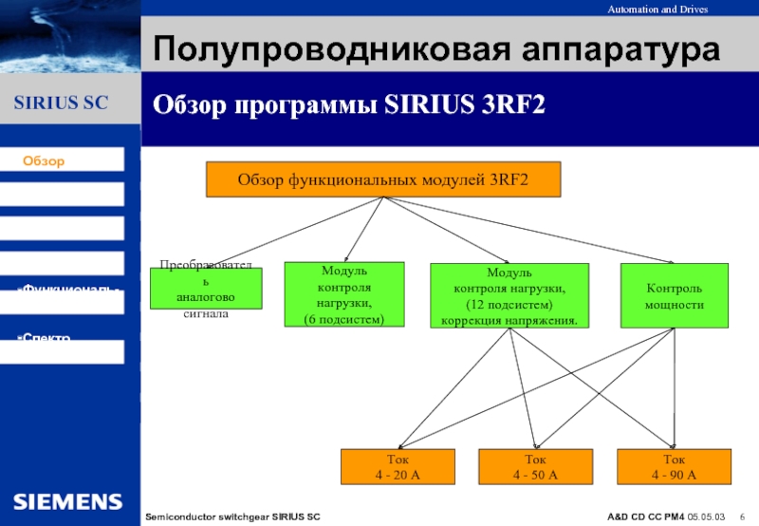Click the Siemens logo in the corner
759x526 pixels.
pos(67,500)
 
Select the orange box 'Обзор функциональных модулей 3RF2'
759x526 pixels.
pos(382,178)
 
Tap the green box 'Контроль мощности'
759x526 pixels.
pos(675,296)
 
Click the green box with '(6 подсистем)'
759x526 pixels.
pos(344,294)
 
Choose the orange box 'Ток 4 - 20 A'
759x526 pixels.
pos(399,466)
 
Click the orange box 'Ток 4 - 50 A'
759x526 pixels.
pos(535,466)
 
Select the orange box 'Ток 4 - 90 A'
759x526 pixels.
pos(674,466)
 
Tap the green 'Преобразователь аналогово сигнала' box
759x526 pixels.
pos(206,289)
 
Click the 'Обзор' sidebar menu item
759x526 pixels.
pos(45,161)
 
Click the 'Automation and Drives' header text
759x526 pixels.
pos(684,9)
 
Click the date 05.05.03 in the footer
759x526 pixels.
pos(708,516)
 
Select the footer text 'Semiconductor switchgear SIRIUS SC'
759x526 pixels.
pos(232,516)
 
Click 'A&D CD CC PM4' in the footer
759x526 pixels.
pos(646,516)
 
